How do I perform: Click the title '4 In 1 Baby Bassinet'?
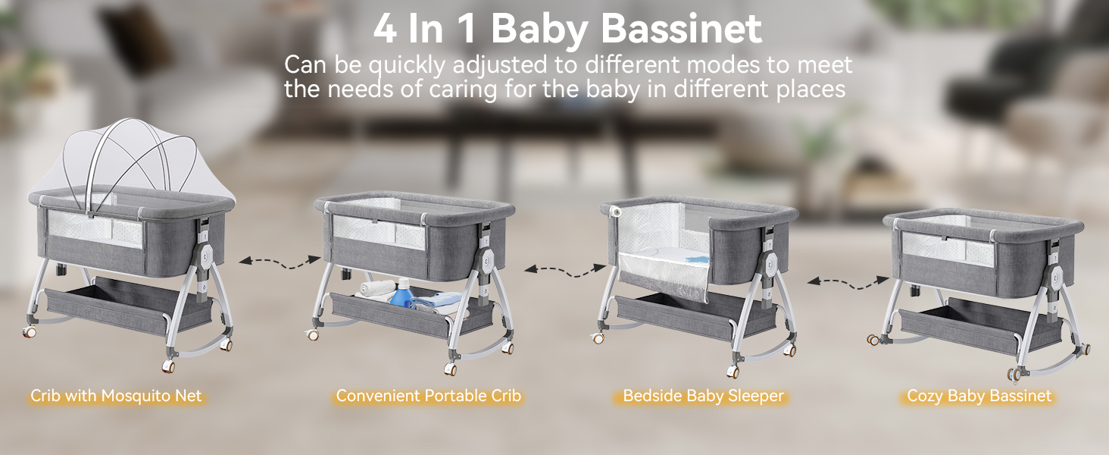point(567,30)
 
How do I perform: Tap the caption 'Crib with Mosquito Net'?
point(116,396)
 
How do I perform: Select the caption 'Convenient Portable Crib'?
point(428,396)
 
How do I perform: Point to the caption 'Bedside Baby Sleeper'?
point(703,396)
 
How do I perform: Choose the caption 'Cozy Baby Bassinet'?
point(979,396)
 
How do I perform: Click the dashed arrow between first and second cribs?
point(280,262)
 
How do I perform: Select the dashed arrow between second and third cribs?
point(565,271)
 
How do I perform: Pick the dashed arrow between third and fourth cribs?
point(848,283)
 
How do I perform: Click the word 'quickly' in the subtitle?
point(407,66)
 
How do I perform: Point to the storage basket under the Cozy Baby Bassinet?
point(978,325)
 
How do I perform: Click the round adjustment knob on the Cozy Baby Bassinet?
point(1053,279)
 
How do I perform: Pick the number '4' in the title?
point(385,30)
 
